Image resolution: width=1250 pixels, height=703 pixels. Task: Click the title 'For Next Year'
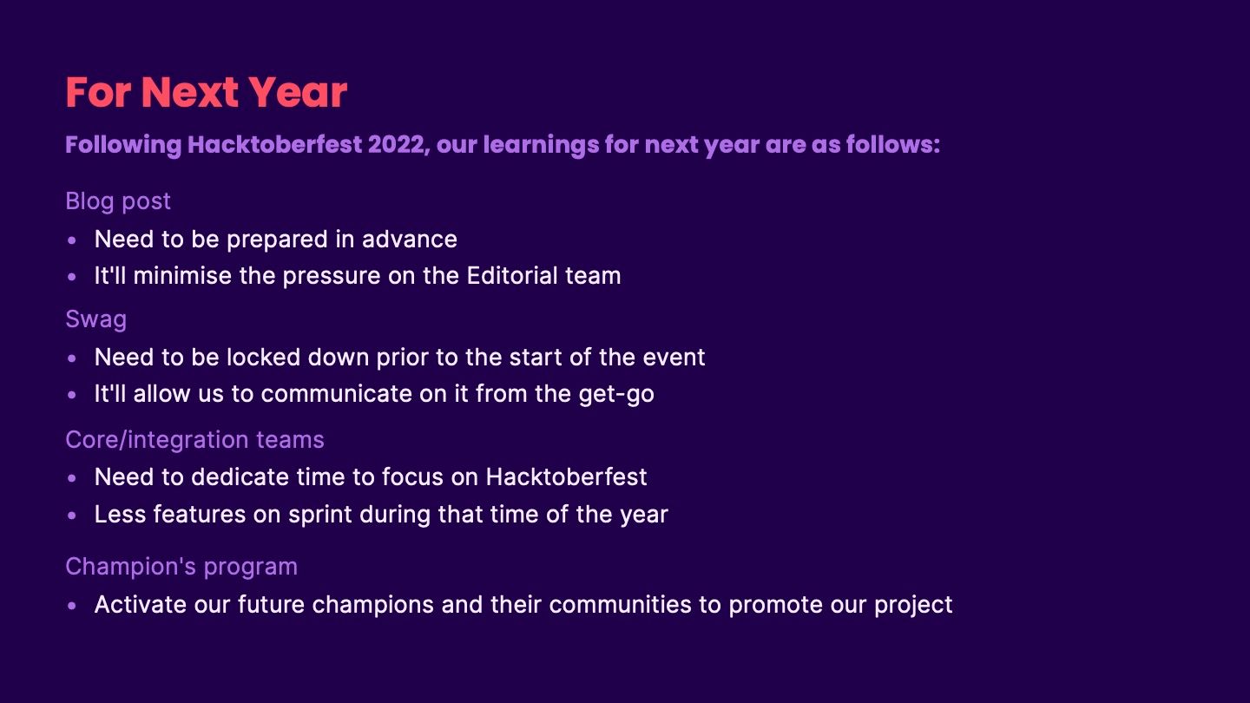tap(207, 92)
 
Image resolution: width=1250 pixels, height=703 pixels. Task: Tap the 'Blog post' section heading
tap(118, 201)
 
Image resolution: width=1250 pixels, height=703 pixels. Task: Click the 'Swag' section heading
tap(96, 319)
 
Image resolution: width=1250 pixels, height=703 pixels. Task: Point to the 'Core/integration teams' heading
tap(194, 440)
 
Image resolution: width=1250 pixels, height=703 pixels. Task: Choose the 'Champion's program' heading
tap(181, 567)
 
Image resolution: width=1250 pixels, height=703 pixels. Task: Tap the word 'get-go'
tap(616, 394)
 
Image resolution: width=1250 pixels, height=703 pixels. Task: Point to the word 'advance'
tap(410, 240)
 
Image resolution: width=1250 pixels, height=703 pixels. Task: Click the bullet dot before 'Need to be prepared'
tap(71, 240)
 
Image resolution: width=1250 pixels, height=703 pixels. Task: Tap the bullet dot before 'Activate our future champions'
tap(71, 606)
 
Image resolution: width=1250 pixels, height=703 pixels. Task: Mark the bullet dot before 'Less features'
tap(71, 516)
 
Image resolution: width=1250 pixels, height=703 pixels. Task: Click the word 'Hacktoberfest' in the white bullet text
tap(566, 477)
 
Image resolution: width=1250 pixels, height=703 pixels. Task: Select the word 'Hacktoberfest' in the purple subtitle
tap(274, 145)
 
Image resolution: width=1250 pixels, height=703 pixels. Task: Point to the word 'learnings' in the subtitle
tap(541, 146)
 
